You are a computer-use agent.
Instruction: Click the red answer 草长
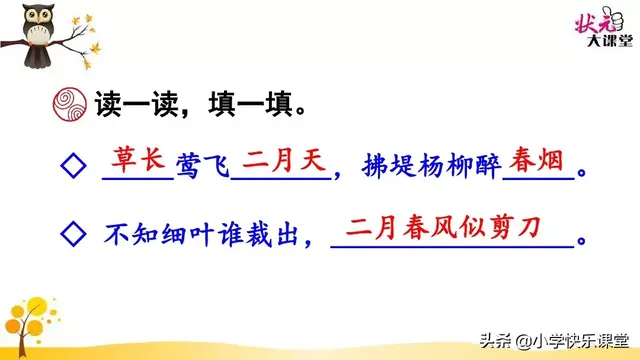point(138,160)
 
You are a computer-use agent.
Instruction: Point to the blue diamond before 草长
point(72,166)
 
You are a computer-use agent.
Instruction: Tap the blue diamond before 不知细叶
point(72,234)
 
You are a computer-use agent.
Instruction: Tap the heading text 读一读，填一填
point(199,103)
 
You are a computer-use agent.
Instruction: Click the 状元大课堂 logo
point(604,29)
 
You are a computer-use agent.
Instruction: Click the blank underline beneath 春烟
point(539,180)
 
